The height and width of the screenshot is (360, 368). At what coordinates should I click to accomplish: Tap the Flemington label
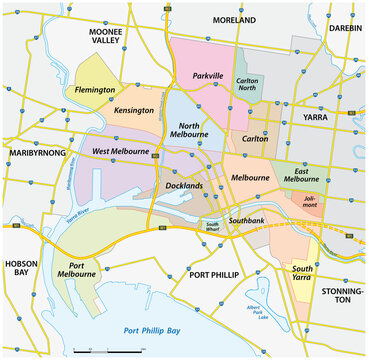96,90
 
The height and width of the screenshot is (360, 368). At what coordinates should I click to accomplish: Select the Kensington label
135,110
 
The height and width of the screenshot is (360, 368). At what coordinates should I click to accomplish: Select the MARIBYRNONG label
41,153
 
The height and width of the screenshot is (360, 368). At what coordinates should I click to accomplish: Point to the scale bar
111,351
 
